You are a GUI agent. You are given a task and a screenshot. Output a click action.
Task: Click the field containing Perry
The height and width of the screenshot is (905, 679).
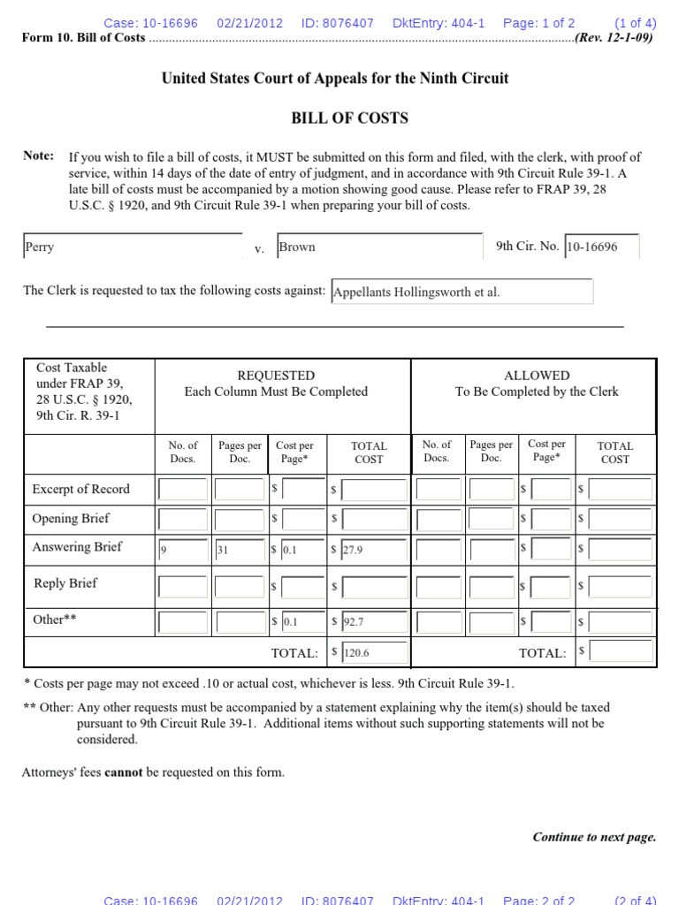point(132,247)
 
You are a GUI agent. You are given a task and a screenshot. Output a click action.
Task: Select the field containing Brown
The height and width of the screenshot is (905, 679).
point(379,247)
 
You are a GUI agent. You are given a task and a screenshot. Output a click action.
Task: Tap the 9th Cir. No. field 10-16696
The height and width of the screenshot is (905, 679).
point(601,247)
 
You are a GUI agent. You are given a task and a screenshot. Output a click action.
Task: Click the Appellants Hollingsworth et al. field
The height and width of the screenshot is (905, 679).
point(462,292)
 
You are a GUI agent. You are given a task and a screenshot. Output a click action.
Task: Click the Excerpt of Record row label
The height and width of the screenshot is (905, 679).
point(80,489)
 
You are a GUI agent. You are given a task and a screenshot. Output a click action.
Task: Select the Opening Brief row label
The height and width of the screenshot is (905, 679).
point(71,518)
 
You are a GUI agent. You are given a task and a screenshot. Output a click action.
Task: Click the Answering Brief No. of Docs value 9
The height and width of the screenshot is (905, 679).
point(182,550)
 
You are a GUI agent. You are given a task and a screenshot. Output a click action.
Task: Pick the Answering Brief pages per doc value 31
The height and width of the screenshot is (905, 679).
point(240,550)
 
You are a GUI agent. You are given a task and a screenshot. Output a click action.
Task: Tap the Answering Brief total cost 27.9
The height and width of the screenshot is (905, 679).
point(374,550)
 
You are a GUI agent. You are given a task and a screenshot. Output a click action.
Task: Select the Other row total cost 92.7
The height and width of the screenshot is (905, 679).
point(374,621)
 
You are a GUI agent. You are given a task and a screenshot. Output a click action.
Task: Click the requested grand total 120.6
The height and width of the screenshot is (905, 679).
point(374,652)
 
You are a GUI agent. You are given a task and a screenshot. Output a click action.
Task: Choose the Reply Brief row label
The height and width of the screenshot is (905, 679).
point(65,583)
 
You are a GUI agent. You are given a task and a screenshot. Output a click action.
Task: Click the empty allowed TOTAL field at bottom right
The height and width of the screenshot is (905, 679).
point(622,652)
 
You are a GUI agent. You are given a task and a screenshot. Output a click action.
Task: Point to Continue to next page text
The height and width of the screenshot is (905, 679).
point(594,837)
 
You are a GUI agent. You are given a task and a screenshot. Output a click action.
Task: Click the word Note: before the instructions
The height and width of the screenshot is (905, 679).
point(38,156)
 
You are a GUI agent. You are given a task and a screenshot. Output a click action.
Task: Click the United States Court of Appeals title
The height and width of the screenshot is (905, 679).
point(335,78)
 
